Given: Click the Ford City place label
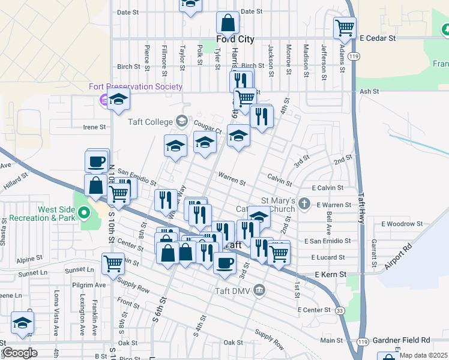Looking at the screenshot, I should [235, 40].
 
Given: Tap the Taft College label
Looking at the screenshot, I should [150, 121].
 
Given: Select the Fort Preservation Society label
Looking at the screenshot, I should [136, 86].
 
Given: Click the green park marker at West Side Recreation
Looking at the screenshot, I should [85, 212].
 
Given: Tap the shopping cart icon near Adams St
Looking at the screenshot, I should [345, 27].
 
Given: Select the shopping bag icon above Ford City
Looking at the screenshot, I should [228, 23].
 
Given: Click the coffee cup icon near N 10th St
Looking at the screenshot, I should [97, 161].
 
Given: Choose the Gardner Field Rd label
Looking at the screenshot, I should [402, 340].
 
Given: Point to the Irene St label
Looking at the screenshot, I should [94, 127].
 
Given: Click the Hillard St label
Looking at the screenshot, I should [16, 177].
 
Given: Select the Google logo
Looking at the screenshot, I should [20, 352].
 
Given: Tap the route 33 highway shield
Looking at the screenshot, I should [340, 311].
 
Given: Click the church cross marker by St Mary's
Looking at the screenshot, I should [305, 203].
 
